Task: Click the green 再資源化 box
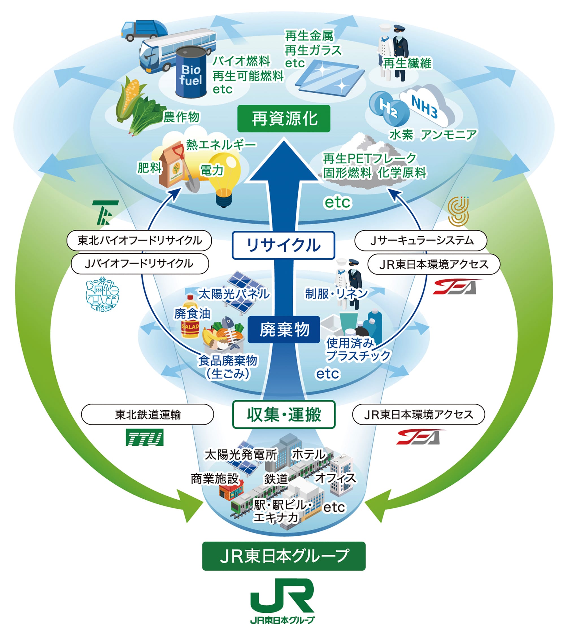coord(283,119)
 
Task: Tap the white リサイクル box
coord(283,245)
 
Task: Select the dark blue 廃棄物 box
coord(284,330)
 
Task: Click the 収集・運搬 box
coord(284,414)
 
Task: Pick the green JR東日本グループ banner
coord(284,556)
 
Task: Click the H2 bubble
coord(388,107)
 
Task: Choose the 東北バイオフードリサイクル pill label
coord(139,240)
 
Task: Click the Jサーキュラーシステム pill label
coord(421,240)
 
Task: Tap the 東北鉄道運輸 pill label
coord(147,414)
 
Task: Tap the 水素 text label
coord(401,135)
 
